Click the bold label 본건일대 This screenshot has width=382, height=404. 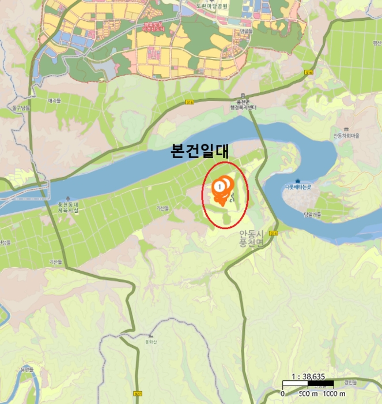click(200, 152)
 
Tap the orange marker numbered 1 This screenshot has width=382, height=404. click(220, 186)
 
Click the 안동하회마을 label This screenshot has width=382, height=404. click(346, 136)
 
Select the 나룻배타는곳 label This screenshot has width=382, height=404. click(298, 188)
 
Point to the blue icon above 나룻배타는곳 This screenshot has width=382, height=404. click(298, 181)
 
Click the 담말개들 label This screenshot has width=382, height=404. click(312, 214)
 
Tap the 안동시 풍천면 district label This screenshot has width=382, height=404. click(251, 239)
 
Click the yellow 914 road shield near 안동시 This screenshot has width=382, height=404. click(274, 233)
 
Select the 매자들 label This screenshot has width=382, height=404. click(54, 101)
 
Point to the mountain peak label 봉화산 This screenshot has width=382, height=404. click(151, 341)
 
